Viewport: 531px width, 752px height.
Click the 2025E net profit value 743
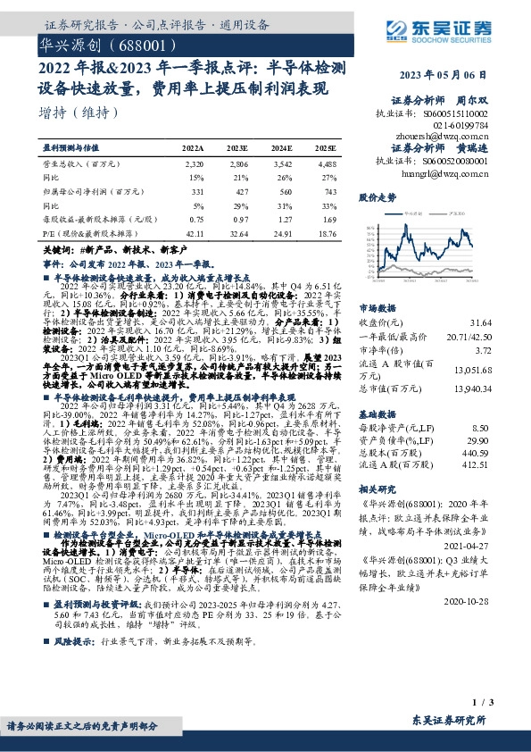(329, 192)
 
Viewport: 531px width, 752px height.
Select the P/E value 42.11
(193, 233)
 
